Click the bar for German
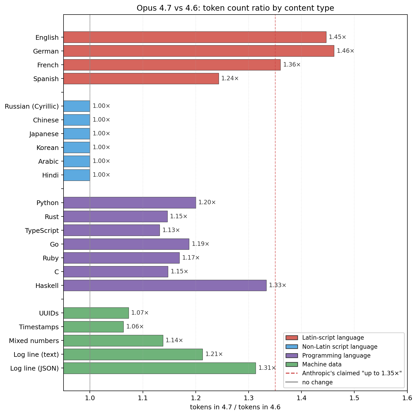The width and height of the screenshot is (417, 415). tap(199, 51)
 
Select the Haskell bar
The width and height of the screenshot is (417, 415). tap(165, 285)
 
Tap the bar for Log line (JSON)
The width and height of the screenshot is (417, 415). tap(160, 368)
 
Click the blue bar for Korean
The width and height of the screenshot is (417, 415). tap(77, 147)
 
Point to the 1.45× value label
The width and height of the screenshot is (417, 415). tap(337, 37)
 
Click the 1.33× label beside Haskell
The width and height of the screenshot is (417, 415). tap(277, 285)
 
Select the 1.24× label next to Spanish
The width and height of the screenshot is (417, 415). tap(230, 78)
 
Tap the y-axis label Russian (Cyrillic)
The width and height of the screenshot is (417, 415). tap(32, 106)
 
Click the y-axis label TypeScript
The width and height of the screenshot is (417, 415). tap(42, 230)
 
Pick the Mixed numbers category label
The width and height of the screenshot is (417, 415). tap(34, 341)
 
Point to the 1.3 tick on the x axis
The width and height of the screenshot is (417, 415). tap(249, 398)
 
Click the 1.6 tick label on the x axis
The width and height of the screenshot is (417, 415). tap(407, 398)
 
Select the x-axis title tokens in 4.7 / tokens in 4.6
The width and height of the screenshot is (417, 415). tap(235, 407)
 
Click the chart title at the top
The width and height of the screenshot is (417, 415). tap(235, 8)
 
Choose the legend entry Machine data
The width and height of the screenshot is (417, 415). tap(322, 364)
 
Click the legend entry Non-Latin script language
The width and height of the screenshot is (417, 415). tap(339, 347)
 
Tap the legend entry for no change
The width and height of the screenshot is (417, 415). tap(317, 382)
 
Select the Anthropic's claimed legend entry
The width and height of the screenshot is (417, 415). tap(352, 373)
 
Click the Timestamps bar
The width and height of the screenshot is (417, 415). tap(93, 327)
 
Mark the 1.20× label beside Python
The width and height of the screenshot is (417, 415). tap(207, 202)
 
